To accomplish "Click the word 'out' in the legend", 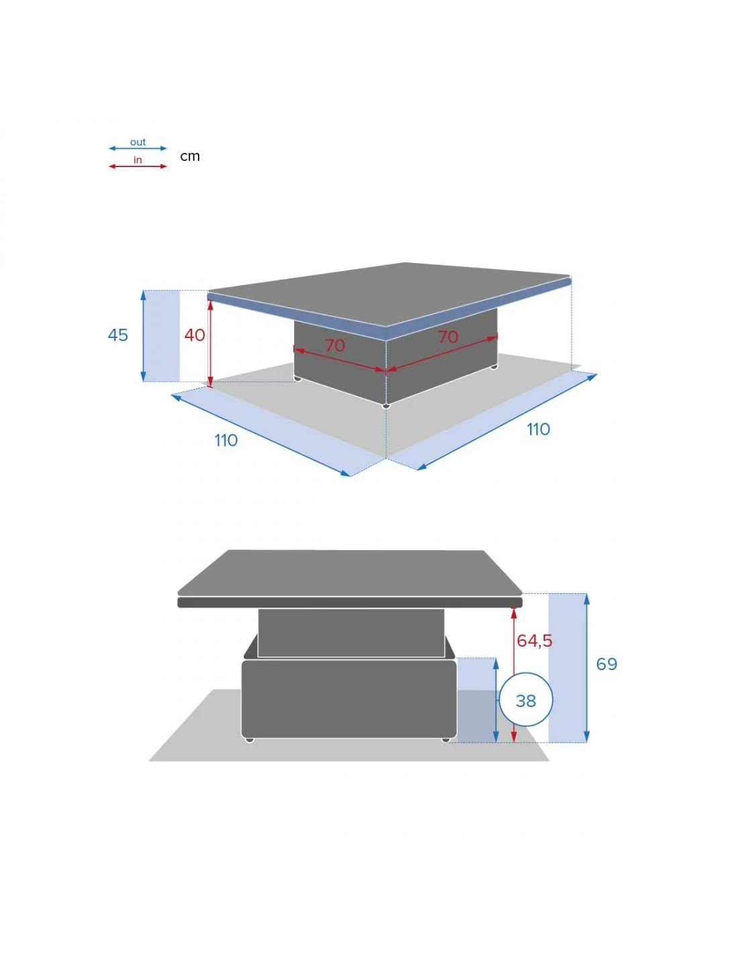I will [138, 142].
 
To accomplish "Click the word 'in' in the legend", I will [138, 160].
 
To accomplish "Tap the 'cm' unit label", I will [190, 156].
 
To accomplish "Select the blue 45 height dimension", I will [118, 335].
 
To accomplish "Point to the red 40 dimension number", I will [195, 335].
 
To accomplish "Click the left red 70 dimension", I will [335, 346].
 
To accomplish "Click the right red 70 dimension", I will [448, 337].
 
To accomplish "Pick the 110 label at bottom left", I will [226, 440].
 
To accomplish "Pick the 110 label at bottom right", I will [538, 429].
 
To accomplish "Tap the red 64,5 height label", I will [534, 641].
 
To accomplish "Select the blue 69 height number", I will [607, 664].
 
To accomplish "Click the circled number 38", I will [526, 700].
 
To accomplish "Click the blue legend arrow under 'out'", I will [138, 148].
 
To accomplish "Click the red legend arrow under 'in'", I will [138, 166].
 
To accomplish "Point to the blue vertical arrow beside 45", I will [144, 335].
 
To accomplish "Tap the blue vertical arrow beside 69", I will [586, 668].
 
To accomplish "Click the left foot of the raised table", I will [250, 739].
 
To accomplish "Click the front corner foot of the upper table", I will [386, 405].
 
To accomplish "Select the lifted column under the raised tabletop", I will [351, 633].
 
